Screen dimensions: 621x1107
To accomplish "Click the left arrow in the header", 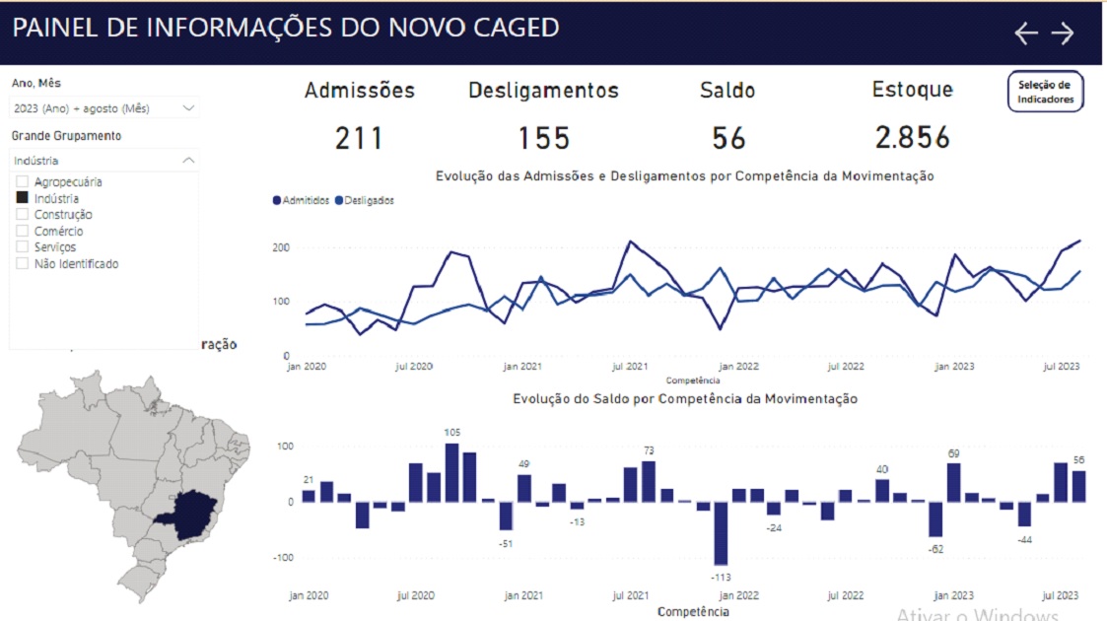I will coord(1026,34).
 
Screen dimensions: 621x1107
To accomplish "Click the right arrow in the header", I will coord(1062,34).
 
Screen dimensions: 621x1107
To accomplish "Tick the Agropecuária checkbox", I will coord(22,181).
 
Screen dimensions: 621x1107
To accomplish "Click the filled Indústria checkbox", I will coord(22,198).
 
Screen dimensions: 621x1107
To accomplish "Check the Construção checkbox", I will coord(22,214).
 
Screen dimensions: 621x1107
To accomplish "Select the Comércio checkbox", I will coord(22,231).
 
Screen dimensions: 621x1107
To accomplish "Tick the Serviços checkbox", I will coord(22,246).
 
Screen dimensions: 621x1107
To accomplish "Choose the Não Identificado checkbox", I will coord(22,263).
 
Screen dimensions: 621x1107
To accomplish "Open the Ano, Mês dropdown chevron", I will coord(188,107).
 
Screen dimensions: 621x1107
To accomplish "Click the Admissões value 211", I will coord(359,138).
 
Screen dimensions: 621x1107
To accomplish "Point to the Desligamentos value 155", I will coord(544,138).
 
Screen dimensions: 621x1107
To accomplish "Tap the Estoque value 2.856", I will coord(912,138).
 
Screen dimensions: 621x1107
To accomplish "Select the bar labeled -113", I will coord(721,532).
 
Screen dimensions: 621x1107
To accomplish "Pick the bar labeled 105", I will coord(451,473).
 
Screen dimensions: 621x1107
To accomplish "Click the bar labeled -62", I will coord(935,518).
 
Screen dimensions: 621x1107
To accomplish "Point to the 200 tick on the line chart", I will coord(280,247).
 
